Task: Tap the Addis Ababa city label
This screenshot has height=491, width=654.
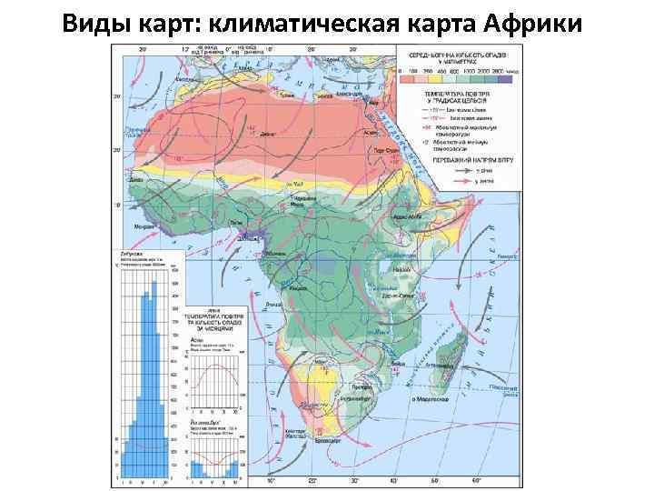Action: click(407, 218)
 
